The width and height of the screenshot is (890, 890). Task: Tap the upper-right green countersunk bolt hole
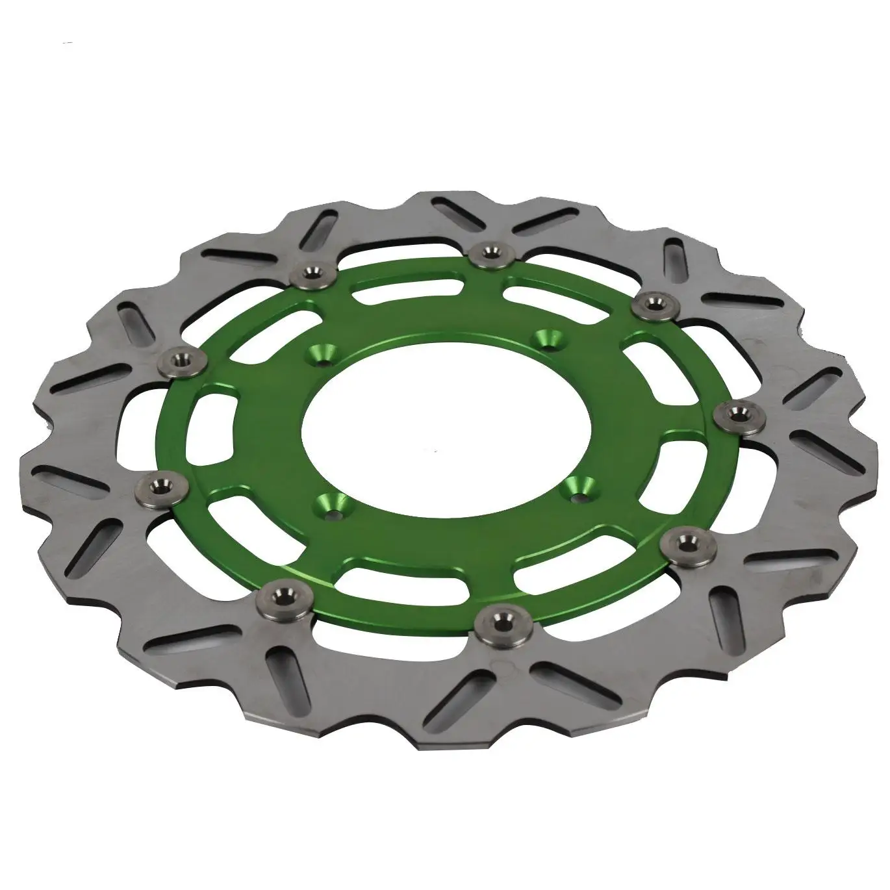coord(543,339)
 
